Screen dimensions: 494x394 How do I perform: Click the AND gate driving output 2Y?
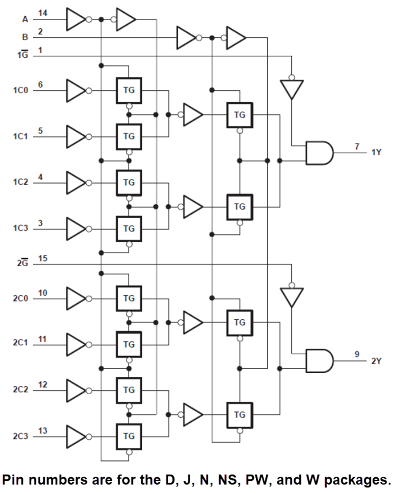click(319, 361)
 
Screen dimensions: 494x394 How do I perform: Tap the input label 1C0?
click(20, 90)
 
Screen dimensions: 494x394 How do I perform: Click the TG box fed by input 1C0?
click(129, 90)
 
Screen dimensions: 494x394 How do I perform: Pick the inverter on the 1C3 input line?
click(76, 229)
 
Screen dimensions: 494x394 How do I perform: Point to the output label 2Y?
click(376, 361)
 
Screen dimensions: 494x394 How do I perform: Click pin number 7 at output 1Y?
click(357, 146)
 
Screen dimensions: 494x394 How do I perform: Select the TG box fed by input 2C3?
click(129, 436)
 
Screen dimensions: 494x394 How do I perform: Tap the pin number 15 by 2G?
click(43, 258)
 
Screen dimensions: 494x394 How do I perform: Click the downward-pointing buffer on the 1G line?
click(292, 88)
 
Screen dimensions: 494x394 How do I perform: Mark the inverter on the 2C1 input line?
click(76, 344)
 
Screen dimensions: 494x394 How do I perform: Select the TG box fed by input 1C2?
click(129, 182)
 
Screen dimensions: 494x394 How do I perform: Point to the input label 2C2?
click(20, 389)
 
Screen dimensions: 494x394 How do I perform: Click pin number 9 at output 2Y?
click(357, 354)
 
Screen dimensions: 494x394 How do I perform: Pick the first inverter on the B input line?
click(186, 38)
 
